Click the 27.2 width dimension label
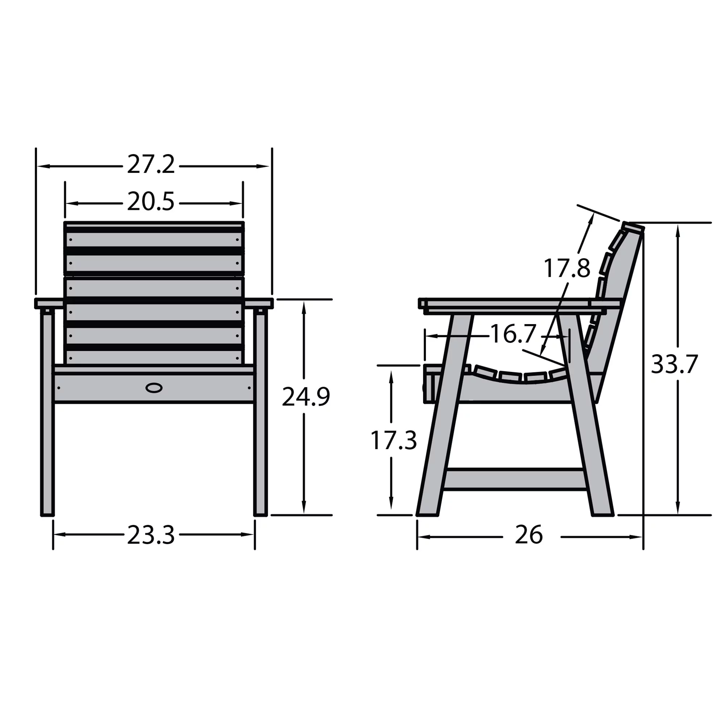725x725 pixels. point(151,165)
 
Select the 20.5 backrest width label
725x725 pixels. point(151,202)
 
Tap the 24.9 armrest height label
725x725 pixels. point(306,397)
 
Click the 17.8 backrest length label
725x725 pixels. point(567,269)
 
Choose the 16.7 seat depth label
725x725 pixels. point(513,334)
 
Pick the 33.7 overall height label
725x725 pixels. point(674,364)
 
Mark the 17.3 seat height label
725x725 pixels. point(393,440)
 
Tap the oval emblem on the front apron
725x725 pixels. point(154,388)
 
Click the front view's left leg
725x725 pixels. point(47,431)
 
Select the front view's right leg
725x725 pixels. point(260,431)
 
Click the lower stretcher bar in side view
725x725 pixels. point(515,480)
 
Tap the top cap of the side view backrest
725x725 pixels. point(633,227)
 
